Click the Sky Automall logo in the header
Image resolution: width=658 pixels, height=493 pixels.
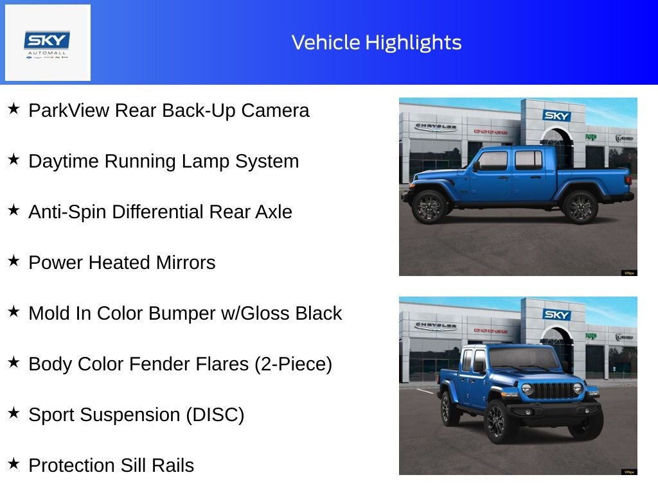pyautogui.click(x=48, y=43)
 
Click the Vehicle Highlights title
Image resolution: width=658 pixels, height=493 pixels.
pyautogui.click(x=377, y=42)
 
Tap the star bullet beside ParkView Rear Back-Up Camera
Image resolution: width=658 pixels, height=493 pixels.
pyautogui.click(x=13, y=109)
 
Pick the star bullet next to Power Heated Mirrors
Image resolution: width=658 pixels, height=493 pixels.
pyautogui.click(x=13, y=261)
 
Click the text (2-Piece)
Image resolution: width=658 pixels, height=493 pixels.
pyautogui.click(x=293, y=364)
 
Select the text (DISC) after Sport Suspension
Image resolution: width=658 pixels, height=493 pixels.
pyautogui.click(x=215, y=415)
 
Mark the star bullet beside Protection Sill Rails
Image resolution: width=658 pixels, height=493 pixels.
pyautogui.click(x=13, y=464)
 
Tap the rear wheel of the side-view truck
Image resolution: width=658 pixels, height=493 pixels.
pyautogui.click(x=580, y=207)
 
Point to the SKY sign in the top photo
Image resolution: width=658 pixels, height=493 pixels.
pyautogui.click(x=556, y=116)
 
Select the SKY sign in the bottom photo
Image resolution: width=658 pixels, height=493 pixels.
pyautogui.click(x=556, y=315)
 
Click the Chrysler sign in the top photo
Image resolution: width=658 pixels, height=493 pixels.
pyautogui.click(x=436, y=126)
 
